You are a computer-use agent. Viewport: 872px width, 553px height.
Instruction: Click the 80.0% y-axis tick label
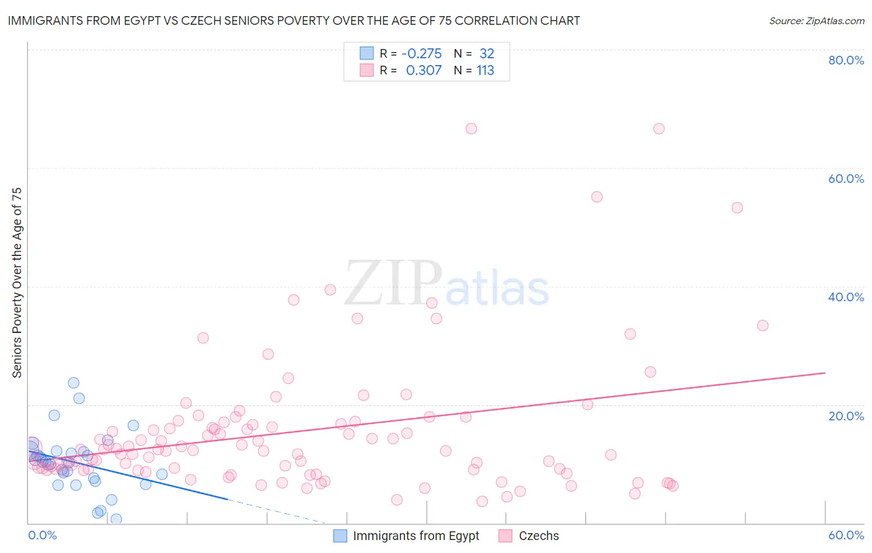click(x=846, y=60)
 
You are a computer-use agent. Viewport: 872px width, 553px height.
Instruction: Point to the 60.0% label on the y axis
click(x=846, y=179)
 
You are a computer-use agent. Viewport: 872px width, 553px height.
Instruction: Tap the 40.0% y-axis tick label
click(x=846, y=297)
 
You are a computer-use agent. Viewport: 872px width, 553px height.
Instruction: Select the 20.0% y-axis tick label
click(x=846, y=416)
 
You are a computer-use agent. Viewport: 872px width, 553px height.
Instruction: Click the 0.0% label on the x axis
click(x=42, y=535)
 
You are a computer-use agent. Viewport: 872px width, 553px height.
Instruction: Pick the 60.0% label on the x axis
click(x=846, y=535)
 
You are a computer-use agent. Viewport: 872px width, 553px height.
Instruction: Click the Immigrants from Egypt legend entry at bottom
click(x=407, y=536)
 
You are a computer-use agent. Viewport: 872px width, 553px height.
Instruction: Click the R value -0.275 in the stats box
click(x=421, y=54)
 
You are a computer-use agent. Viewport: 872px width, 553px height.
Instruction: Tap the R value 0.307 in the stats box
click(x=424, y=71)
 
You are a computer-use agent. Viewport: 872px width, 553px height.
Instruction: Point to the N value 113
click(x=485, y=71)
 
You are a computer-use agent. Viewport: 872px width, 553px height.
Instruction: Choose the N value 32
click(x=486, y=54)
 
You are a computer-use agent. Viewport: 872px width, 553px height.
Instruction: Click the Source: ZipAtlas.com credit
click(x=816, y=20)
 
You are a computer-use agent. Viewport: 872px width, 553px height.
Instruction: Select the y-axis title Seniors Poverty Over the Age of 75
click(x=17, y=283)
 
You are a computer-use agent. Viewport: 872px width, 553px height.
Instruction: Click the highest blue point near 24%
click(x=74, y=383)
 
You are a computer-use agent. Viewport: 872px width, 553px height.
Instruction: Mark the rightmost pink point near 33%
click(x=763, y=325)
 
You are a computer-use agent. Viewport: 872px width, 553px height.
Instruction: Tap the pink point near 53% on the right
click(x=737, y=208)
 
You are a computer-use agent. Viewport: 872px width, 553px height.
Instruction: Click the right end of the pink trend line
click(x=825, y=373)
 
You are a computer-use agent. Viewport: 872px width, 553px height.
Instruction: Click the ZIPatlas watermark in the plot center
click(x=447, y=284)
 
